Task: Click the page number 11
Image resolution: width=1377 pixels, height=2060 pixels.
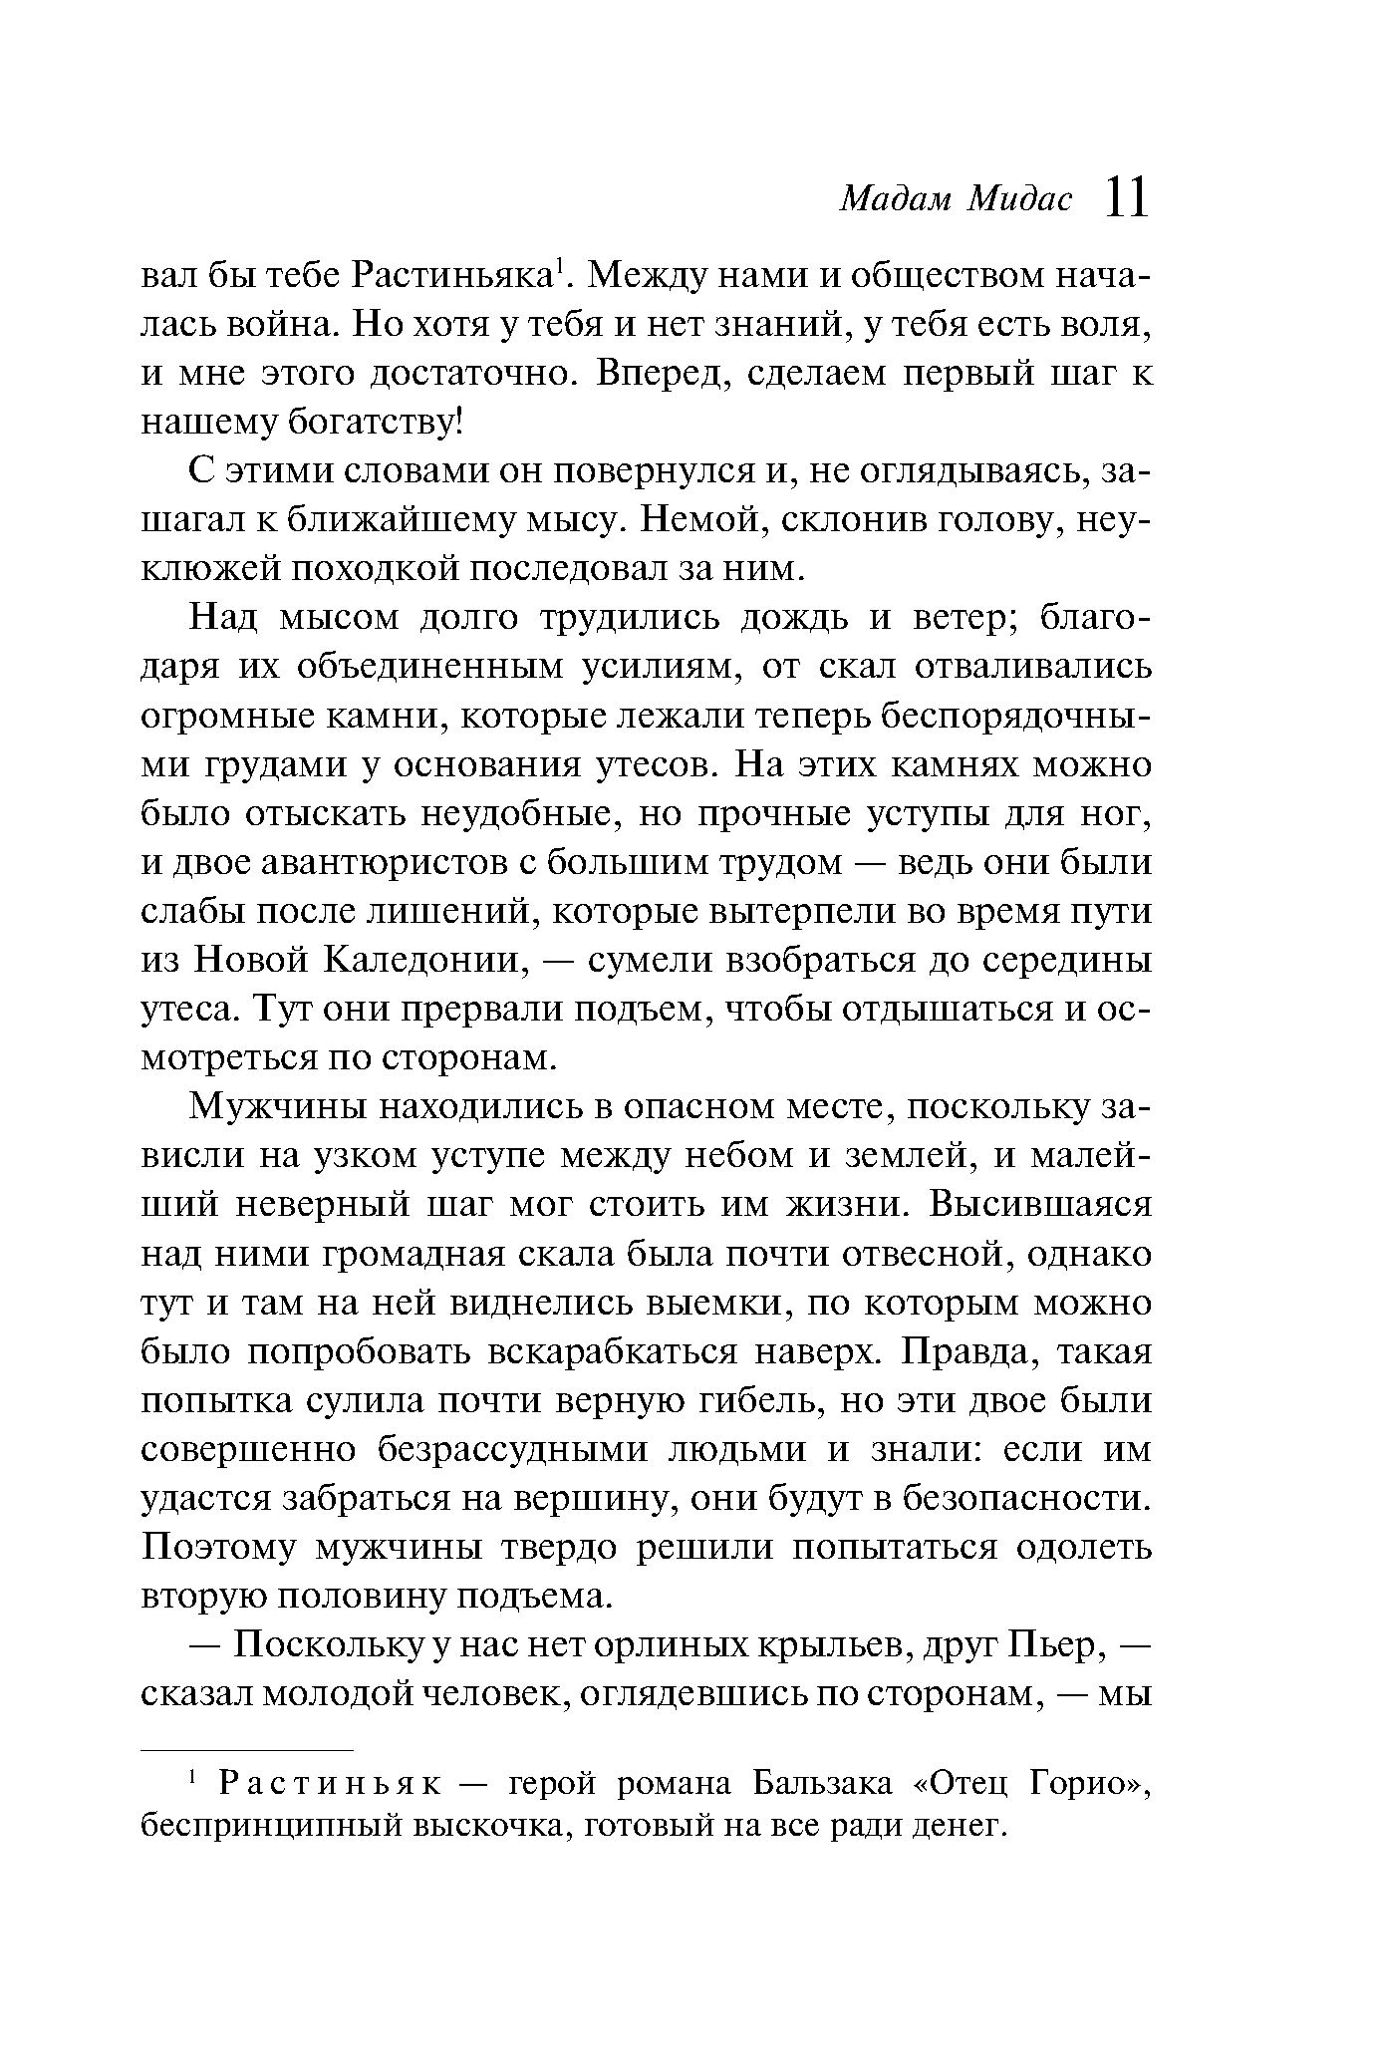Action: (x=1127, y=197)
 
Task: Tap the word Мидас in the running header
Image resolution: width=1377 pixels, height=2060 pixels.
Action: (x=1021, y=200)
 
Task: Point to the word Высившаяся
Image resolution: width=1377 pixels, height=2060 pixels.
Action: (x=1039, y=1205)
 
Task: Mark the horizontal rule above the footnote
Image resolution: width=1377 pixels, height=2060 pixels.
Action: (x=247, y=1749)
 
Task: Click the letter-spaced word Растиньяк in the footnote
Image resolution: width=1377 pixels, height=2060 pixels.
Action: (x=329, y=1784)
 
